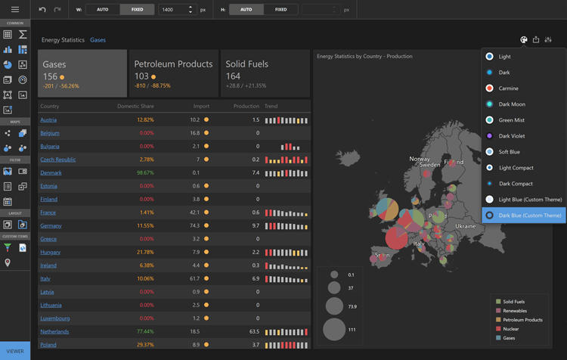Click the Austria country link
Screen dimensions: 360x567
point(48,119)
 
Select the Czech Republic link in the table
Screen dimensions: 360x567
point(58,160)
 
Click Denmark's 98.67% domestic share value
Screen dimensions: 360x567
point(145,172)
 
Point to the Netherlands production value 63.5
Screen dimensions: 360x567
point(253,331)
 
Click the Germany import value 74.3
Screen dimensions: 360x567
point(194,225)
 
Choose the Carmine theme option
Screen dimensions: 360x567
point(508,88)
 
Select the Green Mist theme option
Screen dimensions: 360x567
point(511,120)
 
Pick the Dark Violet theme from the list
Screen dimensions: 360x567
point(511,136)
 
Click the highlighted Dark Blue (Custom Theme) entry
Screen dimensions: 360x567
point(529,216)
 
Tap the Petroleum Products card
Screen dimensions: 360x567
point(173,73)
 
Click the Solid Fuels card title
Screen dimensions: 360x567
point(247,64)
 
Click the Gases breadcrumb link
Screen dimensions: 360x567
point(98,40)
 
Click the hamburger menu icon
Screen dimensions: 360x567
point(14,10)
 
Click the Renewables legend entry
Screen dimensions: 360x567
point(515,311)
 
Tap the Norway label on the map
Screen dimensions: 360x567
point(420,159)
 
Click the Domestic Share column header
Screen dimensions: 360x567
point(135,107)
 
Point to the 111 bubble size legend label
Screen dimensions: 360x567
point(352,330)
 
